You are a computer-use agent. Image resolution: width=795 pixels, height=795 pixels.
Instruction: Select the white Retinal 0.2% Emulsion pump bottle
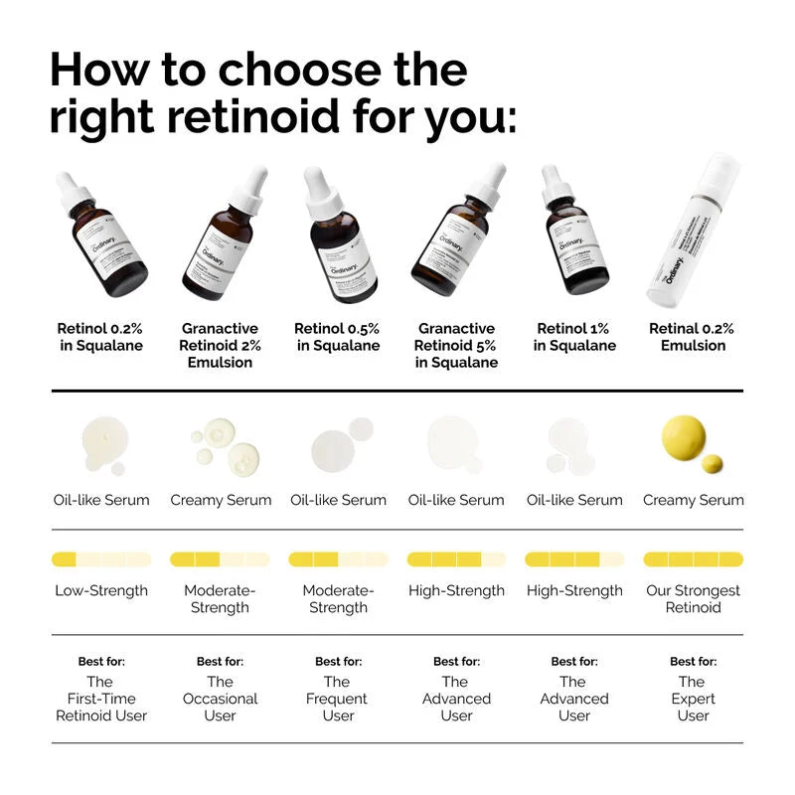[694, 234]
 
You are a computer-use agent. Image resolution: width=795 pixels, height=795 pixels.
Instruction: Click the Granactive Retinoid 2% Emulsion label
[220, 345]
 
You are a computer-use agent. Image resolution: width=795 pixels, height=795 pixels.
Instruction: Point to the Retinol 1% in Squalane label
[574, 337]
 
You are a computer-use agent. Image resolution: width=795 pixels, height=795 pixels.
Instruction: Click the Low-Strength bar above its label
[101, 559]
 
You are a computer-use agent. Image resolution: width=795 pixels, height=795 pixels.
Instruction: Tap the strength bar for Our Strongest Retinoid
[693, 559]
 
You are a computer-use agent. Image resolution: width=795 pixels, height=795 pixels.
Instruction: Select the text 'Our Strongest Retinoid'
[693, 598]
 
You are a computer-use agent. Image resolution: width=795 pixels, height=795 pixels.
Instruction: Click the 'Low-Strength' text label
[101, 590]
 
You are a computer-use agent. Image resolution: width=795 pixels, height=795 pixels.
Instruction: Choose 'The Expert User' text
[693, 698]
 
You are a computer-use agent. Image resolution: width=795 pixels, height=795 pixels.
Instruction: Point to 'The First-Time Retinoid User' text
[101, 698]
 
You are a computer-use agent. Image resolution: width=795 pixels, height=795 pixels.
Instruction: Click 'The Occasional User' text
[220, 698]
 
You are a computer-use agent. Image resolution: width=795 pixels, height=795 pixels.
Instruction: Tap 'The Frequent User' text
[338, 698]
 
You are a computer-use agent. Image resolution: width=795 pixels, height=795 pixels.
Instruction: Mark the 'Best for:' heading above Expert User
[693, 661]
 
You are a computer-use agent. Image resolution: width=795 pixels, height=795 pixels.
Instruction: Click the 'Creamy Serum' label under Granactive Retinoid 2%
[220, 500]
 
